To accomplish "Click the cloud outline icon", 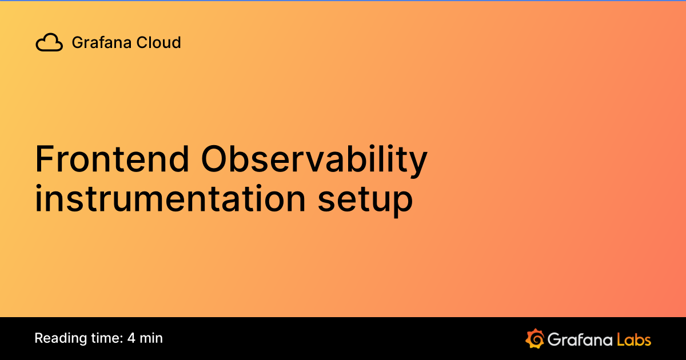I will point(49,43).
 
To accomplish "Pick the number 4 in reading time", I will point(131,338).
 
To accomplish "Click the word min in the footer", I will point(151,338).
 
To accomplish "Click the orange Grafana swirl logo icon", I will point(535,338).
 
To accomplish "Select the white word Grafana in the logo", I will point(579,339).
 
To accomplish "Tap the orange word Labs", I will point(634,339).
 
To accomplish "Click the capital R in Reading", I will point(39,338).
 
